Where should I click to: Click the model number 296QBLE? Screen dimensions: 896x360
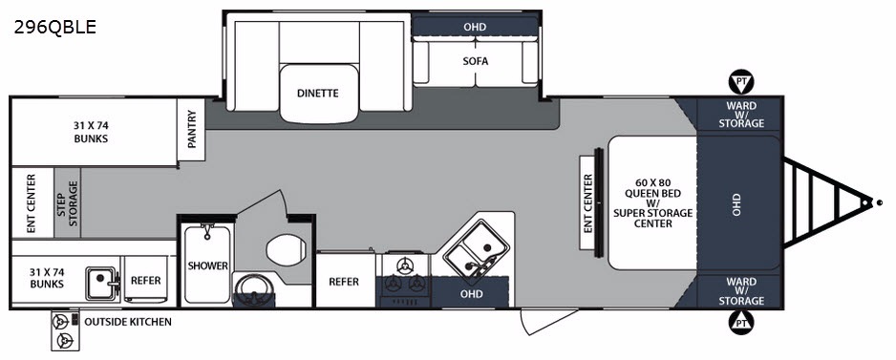pyautogui.click(x=54, y=27)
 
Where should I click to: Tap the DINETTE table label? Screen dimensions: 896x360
pyautogui.click(x=318, y=94)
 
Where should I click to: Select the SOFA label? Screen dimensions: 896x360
pyautogui.click(x=476, y=61)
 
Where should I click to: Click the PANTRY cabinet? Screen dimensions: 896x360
pyautogui.click(x=191, y=130)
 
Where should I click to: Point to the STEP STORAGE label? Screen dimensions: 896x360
pyautogui.click(x=67, y=202)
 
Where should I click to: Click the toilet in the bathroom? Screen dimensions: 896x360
pyautogui.click(x=287, y=250)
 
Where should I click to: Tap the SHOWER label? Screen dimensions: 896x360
pyautogui.click(x=207, y=265)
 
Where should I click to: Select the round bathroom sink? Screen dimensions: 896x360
pyautogui.click(x=253, y=290)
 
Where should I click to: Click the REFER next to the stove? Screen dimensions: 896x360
pyautogui.click(x=344, y=282)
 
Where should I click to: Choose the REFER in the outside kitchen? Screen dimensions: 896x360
pyautogui.click(x=146, y=281)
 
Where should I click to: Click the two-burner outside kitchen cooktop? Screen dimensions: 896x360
pyautogui.click(x=66, y=330)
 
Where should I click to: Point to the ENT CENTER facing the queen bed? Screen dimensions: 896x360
pyautogui.click(x=588, y=202)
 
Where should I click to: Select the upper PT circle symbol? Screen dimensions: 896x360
pyautogui.click(x=741, y=83)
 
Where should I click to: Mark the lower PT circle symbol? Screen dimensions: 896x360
pyautogui.click(x=741, y=323)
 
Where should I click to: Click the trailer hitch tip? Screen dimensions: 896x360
pyautogui.click(x=879, y=202)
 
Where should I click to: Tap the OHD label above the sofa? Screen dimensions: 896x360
pyautogui.click(x=475, y=27)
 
